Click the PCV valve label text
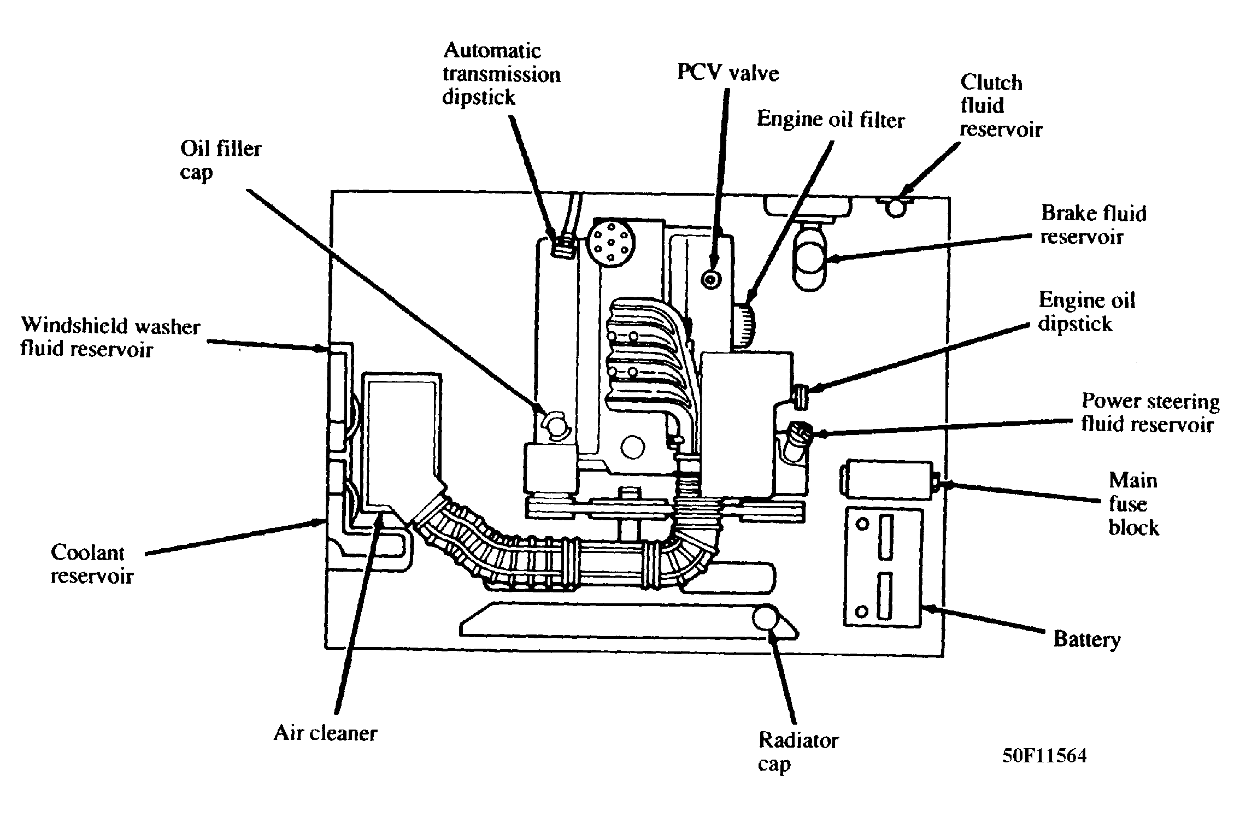click(x=727, y=73)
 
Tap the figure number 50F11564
click(x=1044, y=756)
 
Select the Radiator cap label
click(x=797, y=753)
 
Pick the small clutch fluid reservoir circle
click(x=895, y=207)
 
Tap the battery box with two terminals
click(x=883, y=566)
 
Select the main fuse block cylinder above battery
click(x=886, y=479)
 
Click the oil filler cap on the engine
click(x=555, y=424)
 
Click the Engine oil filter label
click(x=830, y=120)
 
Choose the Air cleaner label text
click(x=325, y=733)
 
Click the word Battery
click(x=1086, y=639)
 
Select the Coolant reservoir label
click(x=92, y=564)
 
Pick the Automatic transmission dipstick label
click(x=501, y=74)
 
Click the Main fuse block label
click(x=1133, y=504)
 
